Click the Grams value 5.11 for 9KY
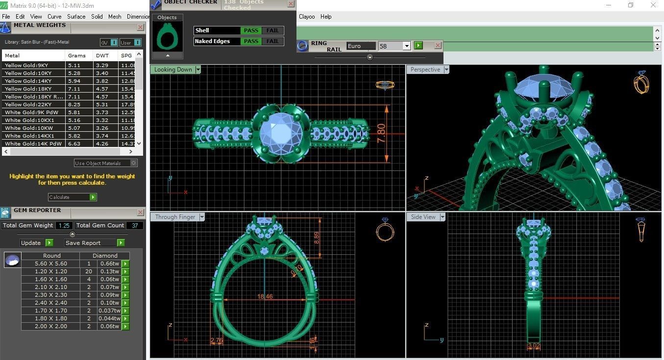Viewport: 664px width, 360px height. (74, 65)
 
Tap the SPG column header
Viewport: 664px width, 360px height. (126, 55)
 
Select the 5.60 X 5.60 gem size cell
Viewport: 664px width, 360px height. (51, 264)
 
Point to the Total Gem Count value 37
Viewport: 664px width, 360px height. (135, 225)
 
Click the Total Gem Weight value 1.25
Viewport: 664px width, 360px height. (64, 225)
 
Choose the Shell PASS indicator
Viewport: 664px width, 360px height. (251, 30)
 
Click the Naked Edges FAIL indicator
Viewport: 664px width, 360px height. (273, 41)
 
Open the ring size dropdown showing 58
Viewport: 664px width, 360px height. (406, 46)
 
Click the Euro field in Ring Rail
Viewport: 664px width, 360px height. (361, 46)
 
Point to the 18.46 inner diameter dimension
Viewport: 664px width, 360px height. (265, 296)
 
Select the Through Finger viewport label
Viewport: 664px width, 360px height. (175, 217)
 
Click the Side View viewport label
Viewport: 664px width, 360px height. (423, 217)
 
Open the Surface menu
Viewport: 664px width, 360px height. (76, 17)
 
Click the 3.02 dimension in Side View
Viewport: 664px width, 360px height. (533, 346)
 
